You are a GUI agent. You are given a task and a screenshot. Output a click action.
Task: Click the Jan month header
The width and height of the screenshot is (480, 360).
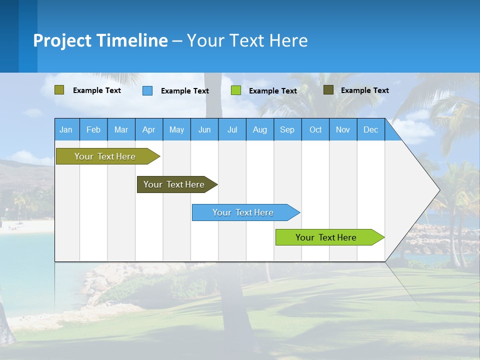[66, 129]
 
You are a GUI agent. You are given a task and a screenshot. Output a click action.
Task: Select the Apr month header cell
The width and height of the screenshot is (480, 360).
[149, 129]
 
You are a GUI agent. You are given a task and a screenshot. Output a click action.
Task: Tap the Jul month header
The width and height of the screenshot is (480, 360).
[232, 129]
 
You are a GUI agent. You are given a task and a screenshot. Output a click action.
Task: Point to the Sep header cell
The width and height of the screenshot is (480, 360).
[287, 129]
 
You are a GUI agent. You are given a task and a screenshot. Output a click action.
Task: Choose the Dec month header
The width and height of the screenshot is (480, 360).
[370, 129]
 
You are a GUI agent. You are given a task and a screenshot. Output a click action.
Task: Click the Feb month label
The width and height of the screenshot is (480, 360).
[93, 129]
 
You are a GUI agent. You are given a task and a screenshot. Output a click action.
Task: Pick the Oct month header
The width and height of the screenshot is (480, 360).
[315, 129]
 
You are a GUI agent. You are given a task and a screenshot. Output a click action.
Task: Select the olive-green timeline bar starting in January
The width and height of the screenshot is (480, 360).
[105, 156]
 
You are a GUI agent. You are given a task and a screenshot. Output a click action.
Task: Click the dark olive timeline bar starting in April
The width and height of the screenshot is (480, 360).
[174, 184]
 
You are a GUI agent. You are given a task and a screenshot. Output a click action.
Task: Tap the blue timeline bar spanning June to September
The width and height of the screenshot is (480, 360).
[243, 212]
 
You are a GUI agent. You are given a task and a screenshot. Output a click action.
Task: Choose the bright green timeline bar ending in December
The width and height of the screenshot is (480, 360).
[326, 237]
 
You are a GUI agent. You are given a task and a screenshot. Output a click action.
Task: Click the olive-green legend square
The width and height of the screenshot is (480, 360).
[59, 90]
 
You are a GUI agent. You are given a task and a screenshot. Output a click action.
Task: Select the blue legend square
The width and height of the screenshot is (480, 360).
[147, 90]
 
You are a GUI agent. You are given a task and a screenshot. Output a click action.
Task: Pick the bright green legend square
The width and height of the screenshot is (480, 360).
[236, 90]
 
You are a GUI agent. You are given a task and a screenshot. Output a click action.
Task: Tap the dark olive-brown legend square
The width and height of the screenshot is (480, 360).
[328, 90]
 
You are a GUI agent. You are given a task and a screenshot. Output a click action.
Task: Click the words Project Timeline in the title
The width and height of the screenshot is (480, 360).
[100, 40]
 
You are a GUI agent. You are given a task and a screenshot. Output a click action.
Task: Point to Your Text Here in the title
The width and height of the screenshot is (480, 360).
[247, 40]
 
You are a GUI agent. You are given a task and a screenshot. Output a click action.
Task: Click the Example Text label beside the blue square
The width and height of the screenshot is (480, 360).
[184, 91]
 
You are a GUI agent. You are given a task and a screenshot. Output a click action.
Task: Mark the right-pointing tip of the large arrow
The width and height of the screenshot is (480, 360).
[438, 189]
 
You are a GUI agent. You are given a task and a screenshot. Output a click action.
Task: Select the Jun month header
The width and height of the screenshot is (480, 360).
[204, 129]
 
